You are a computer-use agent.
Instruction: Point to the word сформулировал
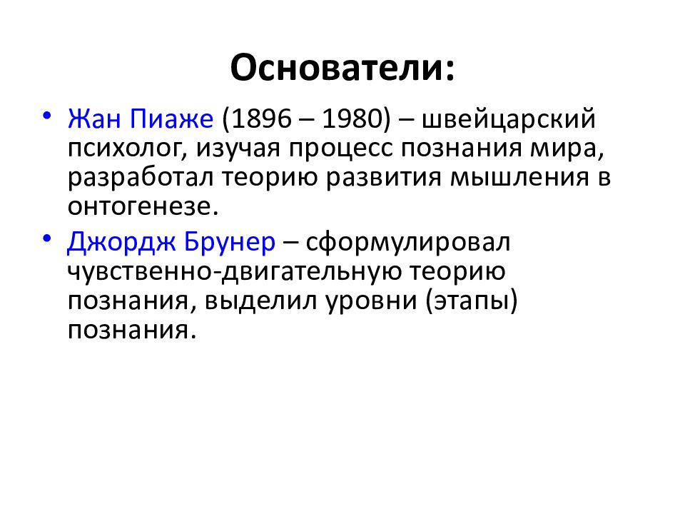[409, 243]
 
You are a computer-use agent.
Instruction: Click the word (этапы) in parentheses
[472, 301]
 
